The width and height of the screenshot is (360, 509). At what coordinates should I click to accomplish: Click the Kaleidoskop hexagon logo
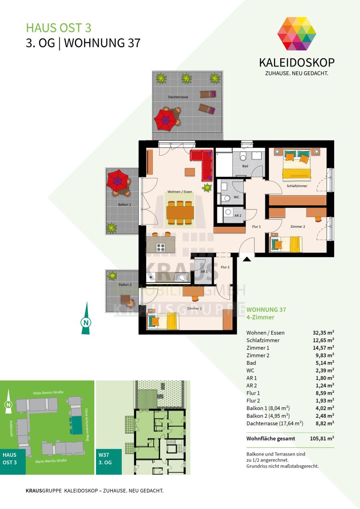tap(297, 34)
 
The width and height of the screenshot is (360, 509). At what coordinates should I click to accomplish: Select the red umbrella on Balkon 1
tap(118, 181)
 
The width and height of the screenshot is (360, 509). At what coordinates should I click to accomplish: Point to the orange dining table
tap(180, 212)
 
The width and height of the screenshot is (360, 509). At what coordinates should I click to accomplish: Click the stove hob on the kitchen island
tap(160, 247)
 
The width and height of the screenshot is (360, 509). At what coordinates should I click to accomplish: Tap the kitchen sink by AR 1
tap(181, 277)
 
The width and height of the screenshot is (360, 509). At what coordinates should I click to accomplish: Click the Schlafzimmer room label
tap(297, 186)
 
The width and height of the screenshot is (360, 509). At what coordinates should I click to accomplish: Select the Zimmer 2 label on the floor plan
tap(298, 227)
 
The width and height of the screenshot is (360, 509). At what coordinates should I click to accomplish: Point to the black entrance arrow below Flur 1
tap(247, 259)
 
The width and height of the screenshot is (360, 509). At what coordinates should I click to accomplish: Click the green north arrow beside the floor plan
tap(86, 318)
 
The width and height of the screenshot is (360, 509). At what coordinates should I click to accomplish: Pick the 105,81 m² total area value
tap(322, 439)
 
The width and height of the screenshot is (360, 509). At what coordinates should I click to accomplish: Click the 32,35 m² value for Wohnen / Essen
tap(323, 333)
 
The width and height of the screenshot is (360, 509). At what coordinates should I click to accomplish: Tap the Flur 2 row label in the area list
tap(253, 400)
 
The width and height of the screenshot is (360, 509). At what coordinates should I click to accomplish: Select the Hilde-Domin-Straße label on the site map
tap(48, 393)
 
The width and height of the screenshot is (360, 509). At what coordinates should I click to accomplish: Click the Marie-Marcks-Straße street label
tap(51, 461)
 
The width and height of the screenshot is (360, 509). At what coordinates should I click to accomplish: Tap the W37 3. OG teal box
tap(109, 462)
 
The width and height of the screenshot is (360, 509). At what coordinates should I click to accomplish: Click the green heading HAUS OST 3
tap(59, 28)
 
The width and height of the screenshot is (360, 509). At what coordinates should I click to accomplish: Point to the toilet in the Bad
tap(243, 156)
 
